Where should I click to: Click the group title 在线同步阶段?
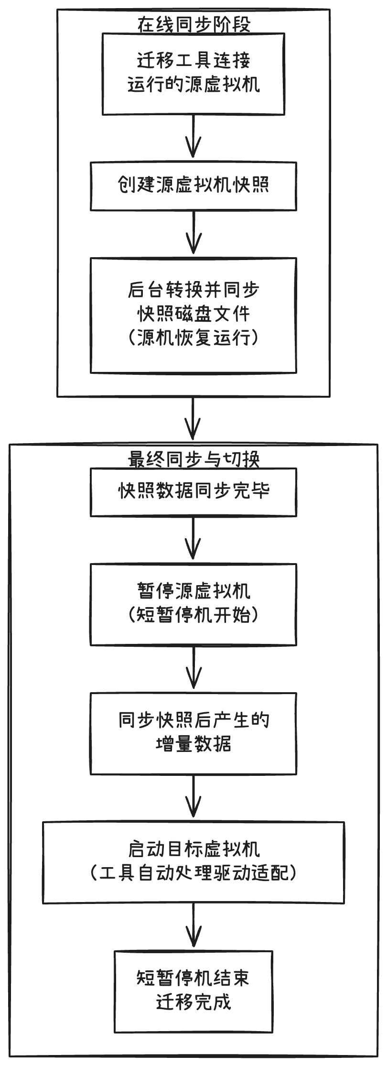click(193, 24)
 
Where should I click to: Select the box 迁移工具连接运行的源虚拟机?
click(193, 74)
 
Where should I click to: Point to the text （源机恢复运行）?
click(193, 338)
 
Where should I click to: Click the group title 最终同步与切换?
click(193, 459)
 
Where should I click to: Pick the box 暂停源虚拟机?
click(193, 592)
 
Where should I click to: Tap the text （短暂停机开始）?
click(193, 615)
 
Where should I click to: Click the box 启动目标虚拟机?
click(193, 850)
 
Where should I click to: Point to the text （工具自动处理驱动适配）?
click(193, 874)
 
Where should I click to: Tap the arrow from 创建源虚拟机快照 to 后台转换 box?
click(193, 234)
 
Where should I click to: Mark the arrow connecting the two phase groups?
click(193, 419)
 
